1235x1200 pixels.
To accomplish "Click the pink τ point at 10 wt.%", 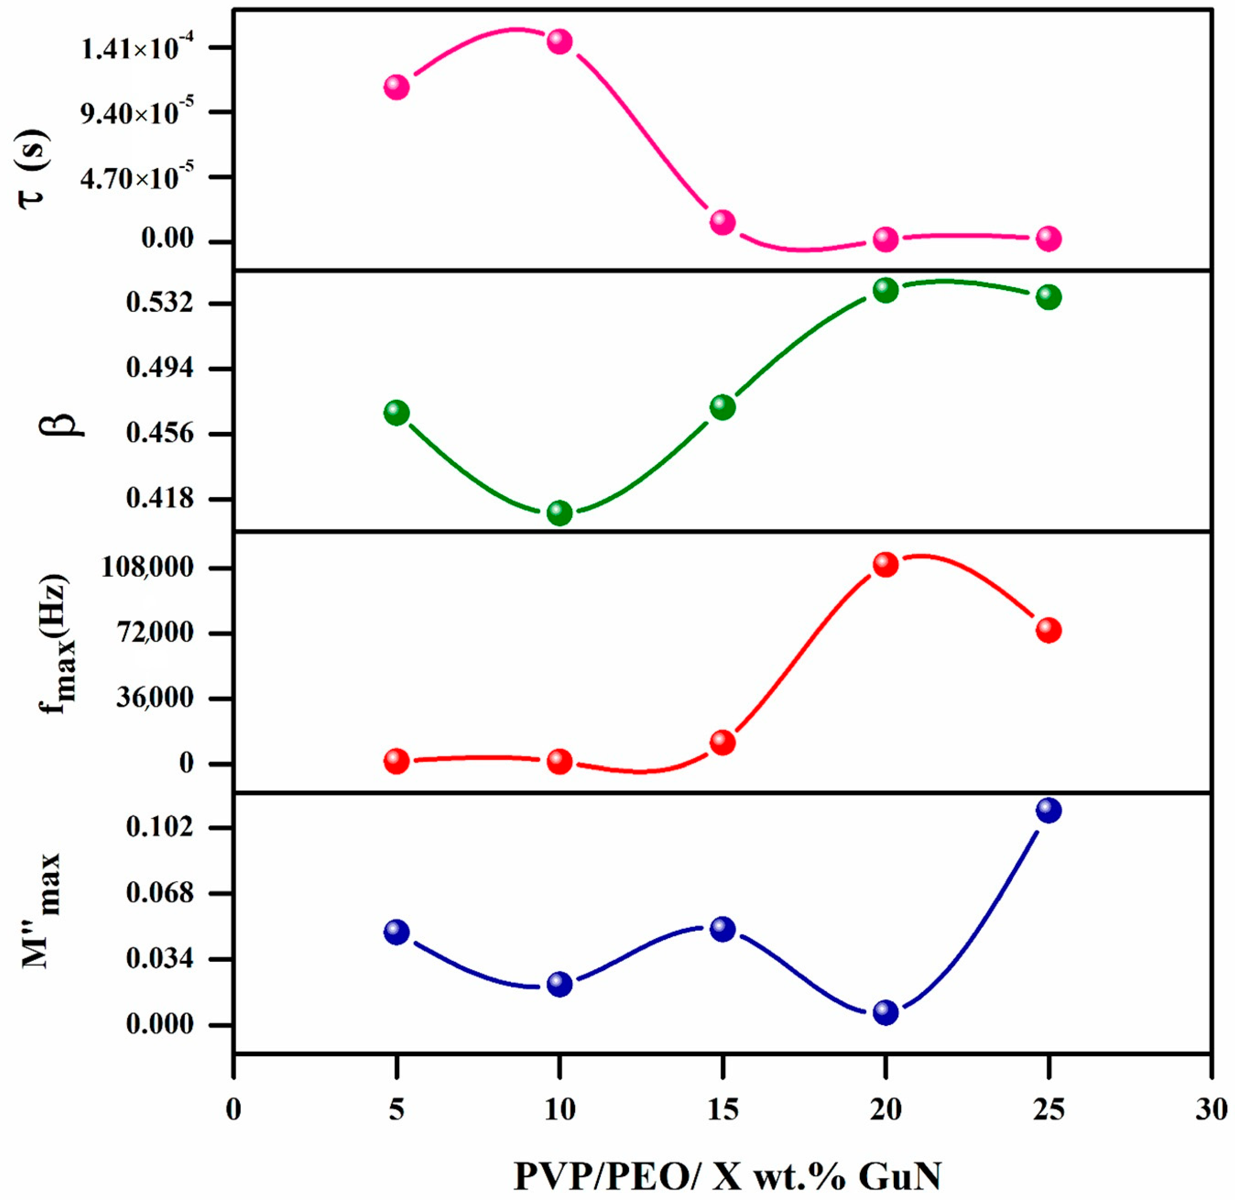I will click(x=559, y=42).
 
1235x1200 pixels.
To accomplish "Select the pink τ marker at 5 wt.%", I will click(x=397, y=86).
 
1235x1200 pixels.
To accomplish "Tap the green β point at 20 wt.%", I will click(x=885, y=290).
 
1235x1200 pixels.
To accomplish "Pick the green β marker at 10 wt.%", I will click(x=559, y=513).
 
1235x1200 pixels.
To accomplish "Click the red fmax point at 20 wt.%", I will click(x=885, y=564).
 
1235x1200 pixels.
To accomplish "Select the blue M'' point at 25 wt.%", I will click(x=1048, y=810).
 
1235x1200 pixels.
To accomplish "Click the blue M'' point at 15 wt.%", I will click(x=722, y=928).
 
